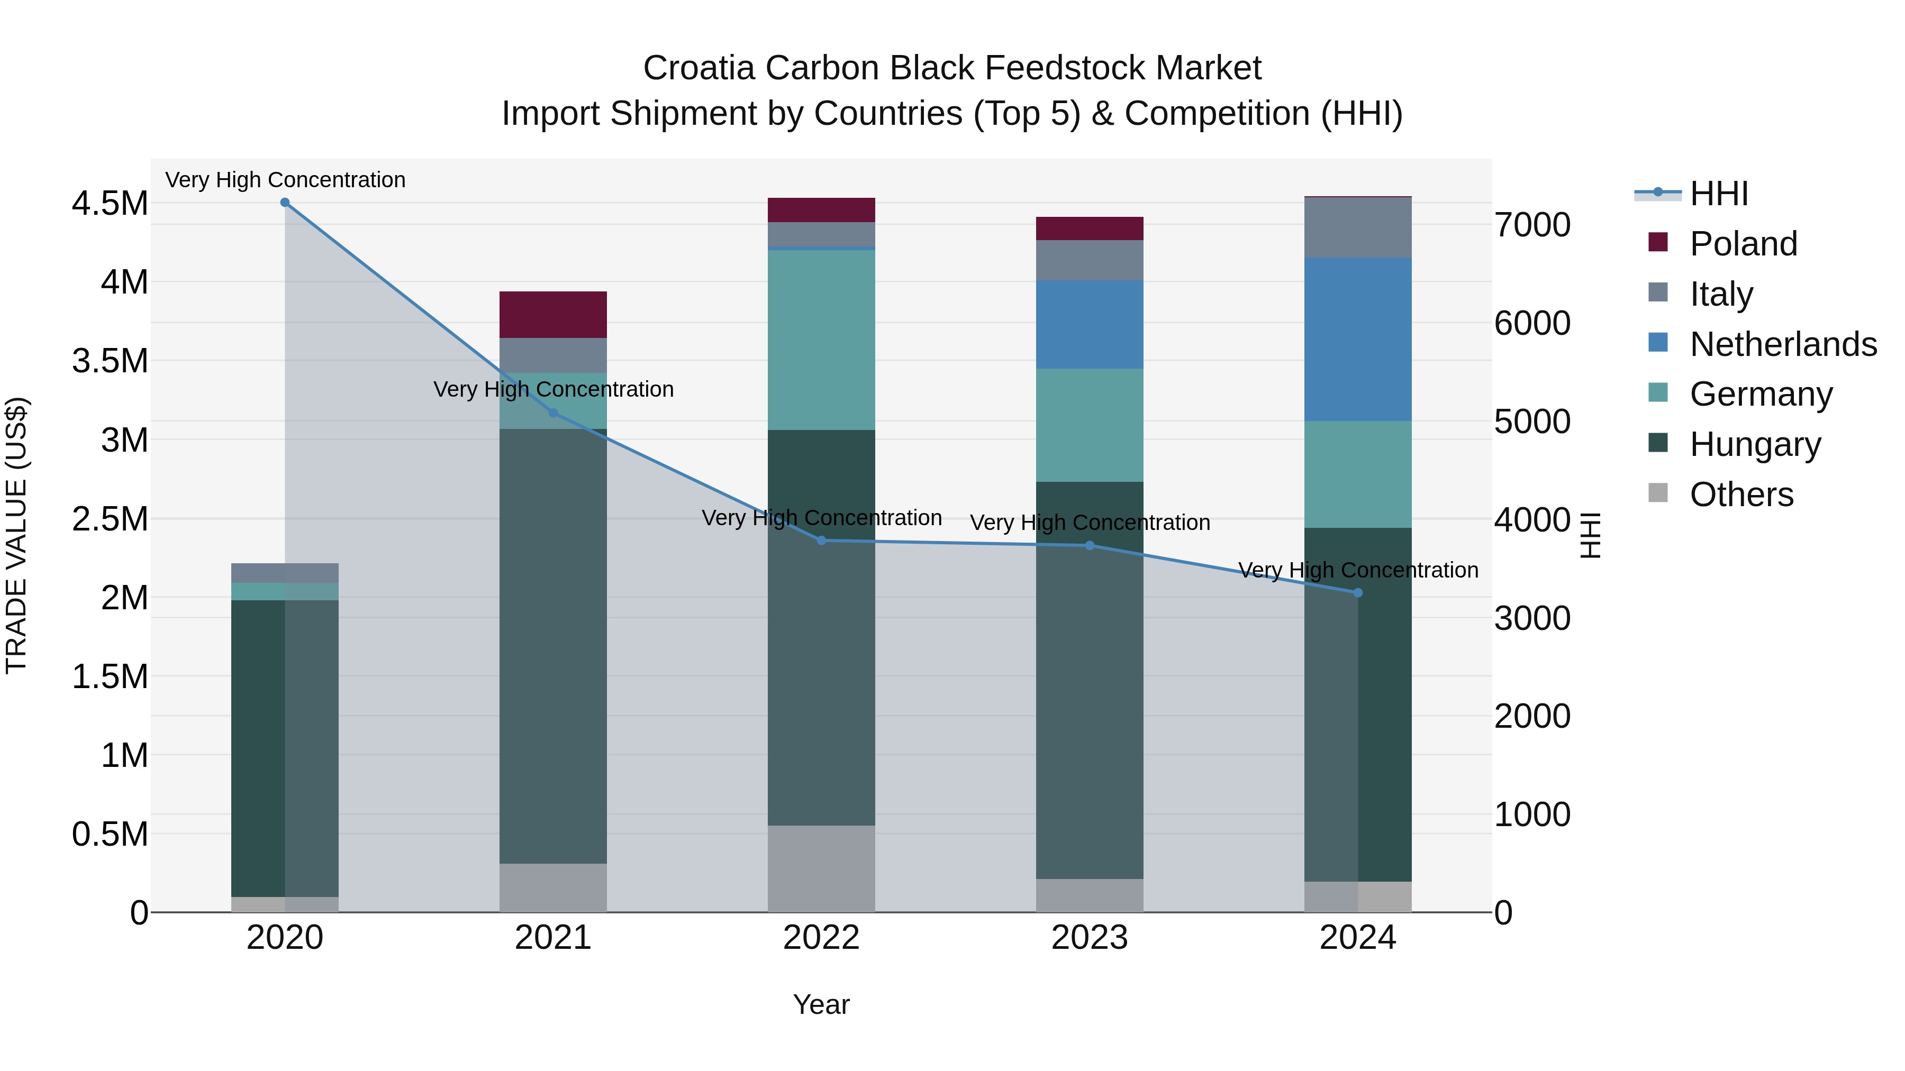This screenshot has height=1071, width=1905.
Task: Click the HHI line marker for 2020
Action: (x=285, y=203)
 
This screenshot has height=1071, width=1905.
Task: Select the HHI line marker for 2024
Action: (x=1358, y=593)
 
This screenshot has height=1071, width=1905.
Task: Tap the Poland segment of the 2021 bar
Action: (x=553, y=315)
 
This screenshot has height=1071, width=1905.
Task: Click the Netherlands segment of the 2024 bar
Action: (x=1358, y=339)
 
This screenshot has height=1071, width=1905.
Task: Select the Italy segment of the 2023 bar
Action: (x=1090, y=260)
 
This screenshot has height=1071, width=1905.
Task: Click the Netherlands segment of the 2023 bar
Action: (x=1090, y=325)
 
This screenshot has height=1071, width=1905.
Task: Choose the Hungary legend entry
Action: (x=1754, y=444)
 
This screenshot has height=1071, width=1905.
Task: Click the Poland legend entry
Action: (x=1743, y=244)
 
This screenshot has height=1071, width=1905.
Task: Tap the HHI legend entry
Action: (x=1719, y=194)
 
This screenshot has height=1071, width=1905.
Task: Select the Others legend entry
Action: (x=1741, y=495)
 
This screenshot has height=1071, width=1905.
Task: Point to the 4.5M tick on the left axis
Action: (x=110, y=203)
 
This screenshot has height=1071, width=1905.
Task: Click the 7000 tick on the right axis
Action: (x=1532, y=225)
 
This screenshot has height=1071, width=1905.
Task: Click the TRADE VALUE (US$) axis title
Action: (x=16, y=535)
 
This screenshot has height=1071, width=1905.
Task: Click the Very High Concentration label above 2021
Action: (x=553, y=389)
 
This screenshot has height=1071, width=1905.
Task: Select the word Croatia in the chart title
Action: (x=699, y=68)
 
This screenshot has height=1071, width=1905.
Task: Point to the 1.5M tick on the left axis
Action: (x=110, y=676)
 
